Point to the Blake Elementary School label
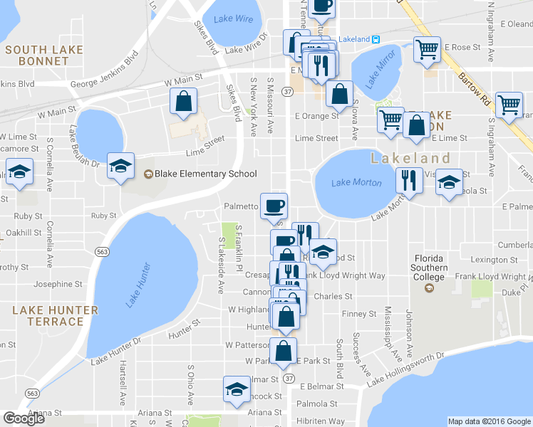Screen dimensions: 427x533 pyautogui.click(x=200, y=174)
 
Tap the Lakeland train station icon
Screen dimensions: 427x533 pyautogui.click(x=376, y=38)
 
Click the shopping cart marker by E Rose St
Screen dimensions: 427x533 pyautogui.click(x=427, y=50)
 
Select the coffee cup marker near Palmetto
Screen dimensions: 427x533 pyautogui.click(x=274, y=206)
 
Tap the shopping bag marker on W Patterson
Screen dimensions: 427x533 pyautogui.click(x=284, y=350)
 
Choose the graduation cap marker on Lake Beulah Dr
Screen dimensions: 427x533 pyautogui.click(x=120, y=166)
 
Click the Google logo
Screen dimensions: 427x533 pyautogui.click(x=24, y=418)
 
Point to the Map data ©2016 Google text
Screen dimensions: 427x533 pyautogui.click(x=489, y=421)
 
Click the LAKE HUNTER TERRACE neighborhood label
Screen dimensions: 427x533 pyautogui.click(x=56, y=316)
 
